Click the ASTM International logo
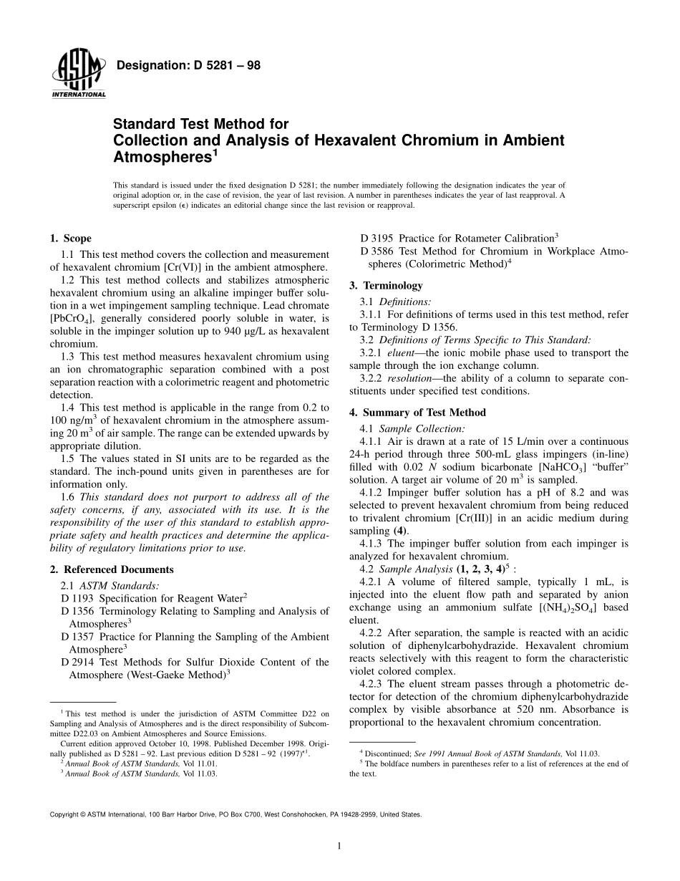click(x=78, y=76)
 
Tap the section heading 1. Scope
click(x=70, y=239)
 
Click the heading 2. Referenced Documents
click(x=112, y=569)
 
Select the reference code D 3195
click(x=377, y=238)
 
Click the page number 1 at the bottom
click(x=339, y=846)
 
